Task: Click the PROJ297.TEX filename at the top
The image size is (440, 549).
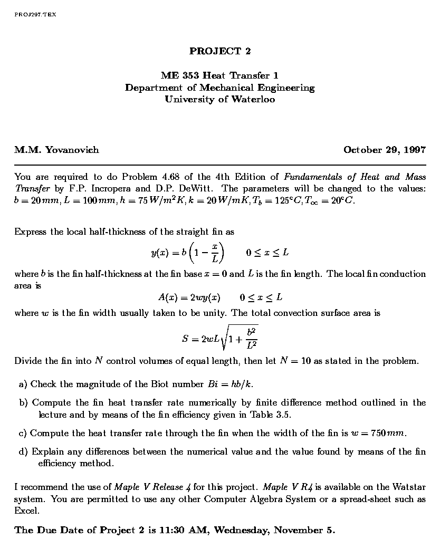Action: [35, 14]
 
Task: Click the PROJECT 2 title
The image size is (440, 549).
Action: [220, 51]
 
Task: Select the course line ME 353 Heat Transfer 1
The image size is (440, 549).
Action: [220, 76]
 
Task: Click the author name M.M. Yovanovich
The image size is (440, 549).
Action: [56, 150]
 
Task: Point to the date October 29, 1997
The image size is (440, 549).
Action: [384, 150]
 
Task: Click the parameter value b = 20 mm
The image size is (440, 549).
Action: [32, 200]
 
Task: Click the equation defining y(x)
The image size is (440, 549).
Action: [188, 253]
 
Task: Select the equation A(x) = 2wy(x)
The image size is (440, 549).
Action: [189, 297]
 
